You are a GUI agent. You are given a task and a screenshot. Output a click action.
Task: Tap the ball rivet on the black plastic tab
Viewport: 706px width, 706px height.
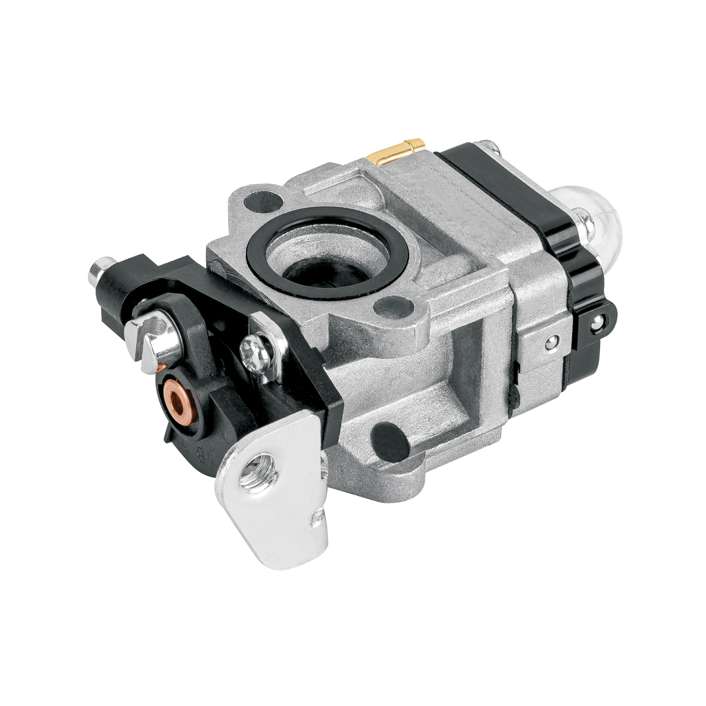click(x=598, y=322)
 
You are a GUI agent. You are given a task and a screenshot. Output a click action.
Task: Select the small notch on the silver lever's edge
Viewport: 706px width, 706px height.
click(x=318, y=520)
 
